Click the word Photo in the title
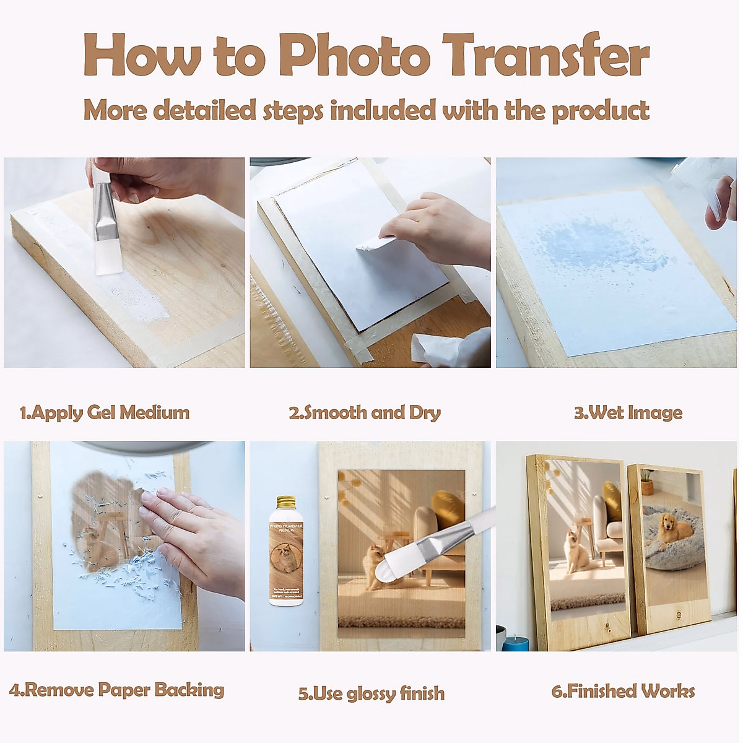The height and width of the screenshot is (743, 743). coord(354,56)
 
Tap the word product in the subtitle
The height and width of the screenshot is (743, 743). coord(600,111)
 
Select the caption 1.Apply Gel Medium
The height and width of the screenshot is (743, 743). coord(105,413)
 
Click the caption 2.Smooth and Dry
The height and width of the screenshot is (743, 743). coord(365,413)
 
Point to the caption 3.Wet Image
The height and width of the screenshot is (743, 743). coord(628,413)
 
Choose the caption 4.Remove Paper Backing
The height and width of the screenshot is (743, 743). coord(117,690)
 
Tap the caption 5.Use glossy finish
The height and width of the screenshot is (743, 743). coord(371,693)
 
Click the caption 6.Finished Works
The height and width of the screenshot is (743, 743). coord(623,691)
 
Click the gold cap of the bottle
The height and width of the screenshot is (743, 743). coord(286,502)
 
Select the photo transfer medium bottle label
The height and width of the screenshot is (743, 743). coord(286,557)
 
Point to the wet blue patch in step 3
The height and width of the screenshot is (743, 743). coord(594,248)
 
